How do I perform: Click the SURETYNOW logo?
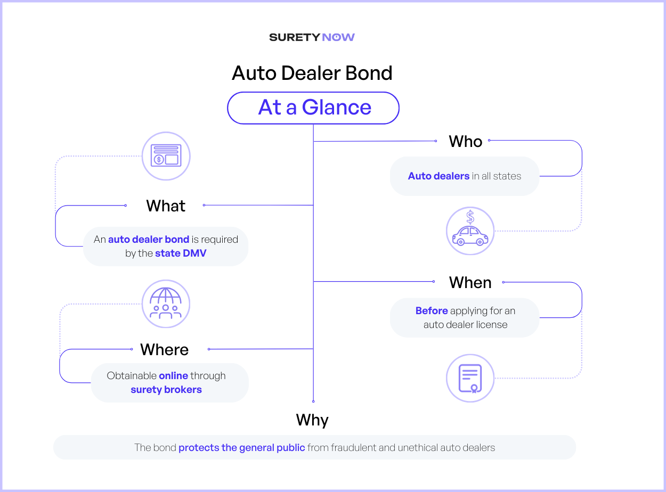point(312,37)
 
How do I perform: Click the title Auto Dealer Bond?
point(312,73)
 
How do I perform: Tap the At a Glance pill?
point(313,108)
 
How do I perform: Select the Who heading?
point(466,141)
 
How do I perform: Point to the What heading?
point(166,206)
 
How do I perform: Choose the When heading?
point(470,282)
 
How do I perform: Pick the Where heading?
point(164,349)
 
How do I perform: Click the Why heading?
point(312,420)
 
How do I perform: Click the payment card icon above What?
point(166,156)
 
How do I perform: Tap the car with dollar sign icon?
point(470,231)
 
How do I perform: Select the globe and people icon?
point(166,304)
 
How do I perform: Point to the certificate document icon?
point(470,378)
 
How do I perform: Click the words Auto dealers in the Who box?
point(438,176)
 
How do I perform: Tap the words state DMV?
point(181,253)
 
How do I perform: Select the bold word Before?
point(432,310)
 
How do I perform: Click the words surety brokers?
point(166,390)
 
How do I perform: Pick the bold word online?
point(174,376)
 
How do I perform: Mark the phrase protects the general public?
point(242,448)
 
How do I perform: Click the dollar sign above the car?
point(470,217)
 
